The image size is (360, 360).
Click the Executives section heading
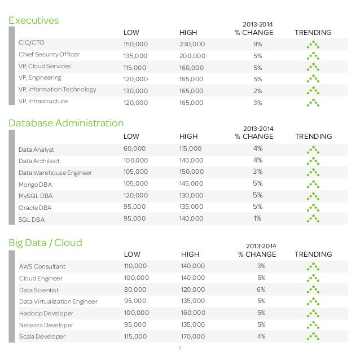34,21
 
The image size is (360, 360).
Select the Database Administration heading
66,122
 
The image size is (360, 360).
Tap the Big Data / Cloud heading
45,243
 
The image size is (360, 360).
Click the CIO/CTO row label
32,42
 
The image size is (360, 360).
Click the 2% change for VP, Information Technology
258,90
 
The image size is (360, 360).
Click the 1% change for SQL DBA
258,219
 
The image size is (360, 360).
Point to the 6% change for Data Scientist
261,289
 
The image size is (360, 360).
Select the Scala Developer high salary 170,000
194,336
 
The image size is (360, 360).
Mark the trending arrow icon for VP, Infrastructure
313,103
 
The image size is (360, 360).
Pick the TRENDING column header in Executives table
313,32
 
